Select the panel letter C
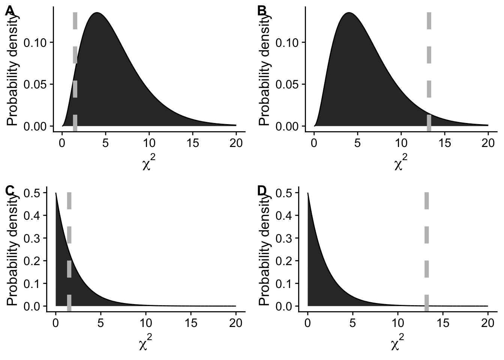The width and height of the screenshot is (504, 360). [10, 191]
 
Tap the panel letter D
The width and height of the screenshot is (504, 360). [262, 191]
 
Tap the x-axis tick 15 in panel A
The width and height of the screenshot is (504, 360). [193, 143]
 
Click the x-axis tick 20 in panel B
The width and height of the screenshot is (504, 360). [488, 143]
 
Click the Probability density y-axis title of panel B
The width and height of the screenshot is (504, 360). [264, 67]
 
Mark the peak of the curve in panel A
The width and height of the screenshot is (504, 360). [97, 13]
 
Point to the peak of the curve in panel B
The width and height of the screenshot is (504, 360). [349, 13]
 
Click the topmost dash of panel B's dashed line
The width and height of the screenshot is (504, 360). [429, 21]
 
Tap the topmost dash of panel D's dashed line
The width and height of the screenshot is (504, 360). [427, 201]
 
